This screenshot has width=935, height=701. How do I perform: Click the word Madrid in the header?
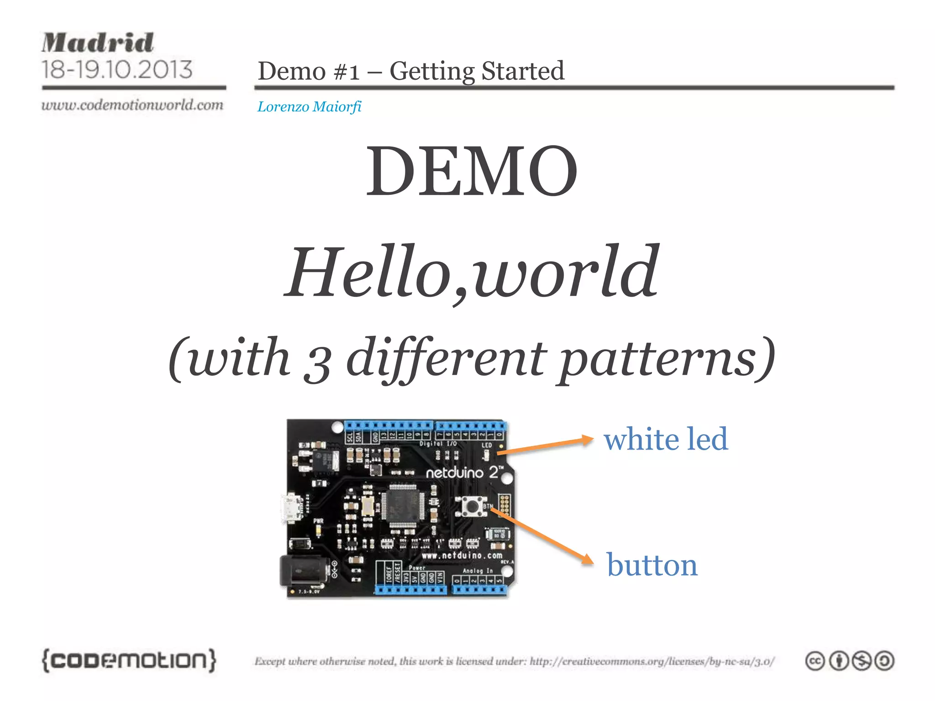click(98, 43)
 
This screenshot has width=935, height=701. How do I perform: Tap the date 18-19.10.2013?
click(117, 70)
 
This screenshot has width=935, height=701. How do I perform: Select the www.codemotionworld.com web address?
click(132, 105)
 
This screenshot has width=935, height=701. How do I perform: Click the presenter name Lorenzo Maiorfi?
click(309, 107)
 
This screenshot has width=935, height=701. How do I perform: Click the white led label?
click(666, 439)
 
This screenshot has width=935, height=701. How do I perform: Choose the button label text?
click(652, 565)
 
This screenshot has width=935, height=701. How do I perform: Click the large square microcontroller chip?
click(402, 507)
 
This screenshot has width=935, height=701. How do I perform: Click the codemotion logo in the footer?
click(129, 660)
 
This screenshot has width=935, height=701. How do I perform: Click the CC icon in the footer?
click(815, 661)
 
